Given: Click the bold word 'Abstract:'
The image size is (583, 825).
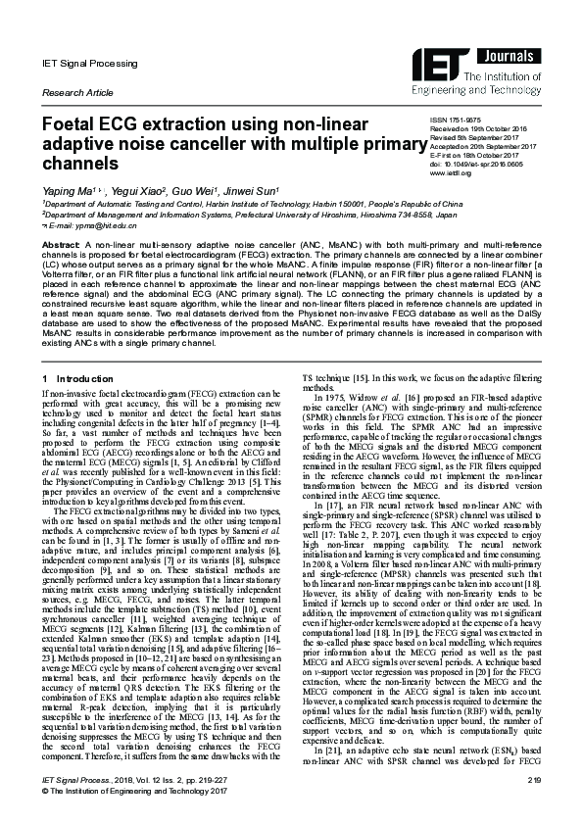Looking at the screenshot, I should [x=64, y=241].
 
